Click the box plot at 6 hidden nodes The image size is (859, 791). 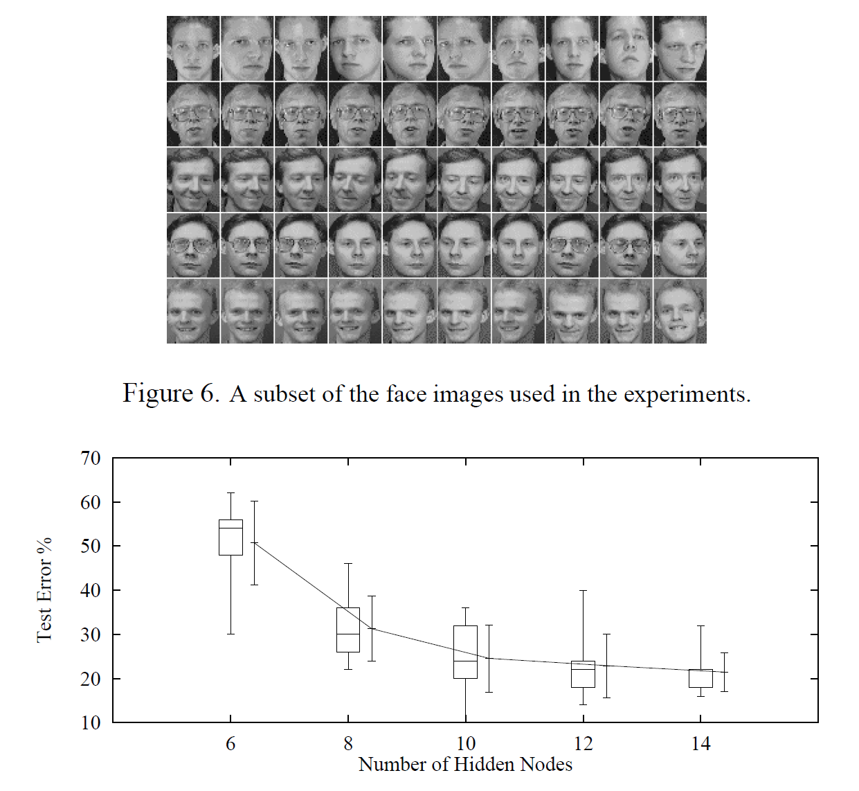pos(230,537)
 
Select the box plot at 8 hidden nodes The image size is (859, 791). pos(348,630)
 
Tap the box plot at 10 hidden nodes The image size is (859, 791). pos(465,652)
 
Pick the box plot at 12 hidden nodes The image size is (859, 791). pos(584,674)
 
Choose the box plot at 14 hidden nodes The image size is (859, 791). pos(700,678)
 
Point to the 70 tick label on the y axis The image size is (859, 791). pos(91,459)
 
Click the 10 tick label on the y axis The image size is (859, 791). pos(91,723)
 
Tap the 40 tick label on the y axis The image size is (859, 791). pos(91,591)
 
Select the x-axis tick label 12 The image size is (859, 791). pos(584,744)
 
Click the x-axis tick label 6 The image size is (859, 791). pos(230,744)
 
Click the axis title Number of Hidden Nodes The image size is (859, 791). pos(465,765)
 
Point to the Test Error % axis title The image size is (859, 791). pos(44,590)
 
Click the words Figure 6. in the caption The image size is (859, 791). pos(171,393)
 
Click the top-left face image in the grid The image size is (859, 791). pos(193,48)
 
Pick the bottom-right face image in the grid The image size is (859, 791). pos(680,311)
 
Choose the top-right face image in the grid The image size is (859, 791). pos(680,48)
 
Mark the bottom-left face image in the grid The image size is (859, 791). pos(193,311)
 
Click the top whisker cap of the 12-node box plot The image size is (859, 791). pos(584,591)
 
